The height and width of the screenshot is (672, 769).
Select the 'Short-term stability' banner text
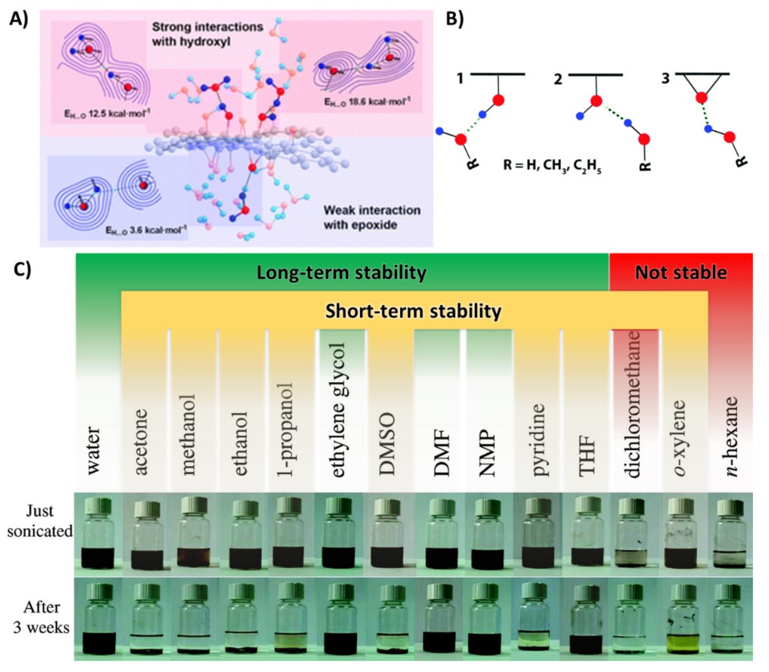[413, 311]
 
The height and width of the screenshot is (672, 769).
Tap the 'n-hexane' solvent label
[732, 437]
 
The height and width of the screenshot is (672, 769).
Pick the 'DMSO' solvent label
[387, 444]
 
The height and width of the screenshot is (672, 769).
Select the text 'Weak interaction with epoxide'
[371, 217]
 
